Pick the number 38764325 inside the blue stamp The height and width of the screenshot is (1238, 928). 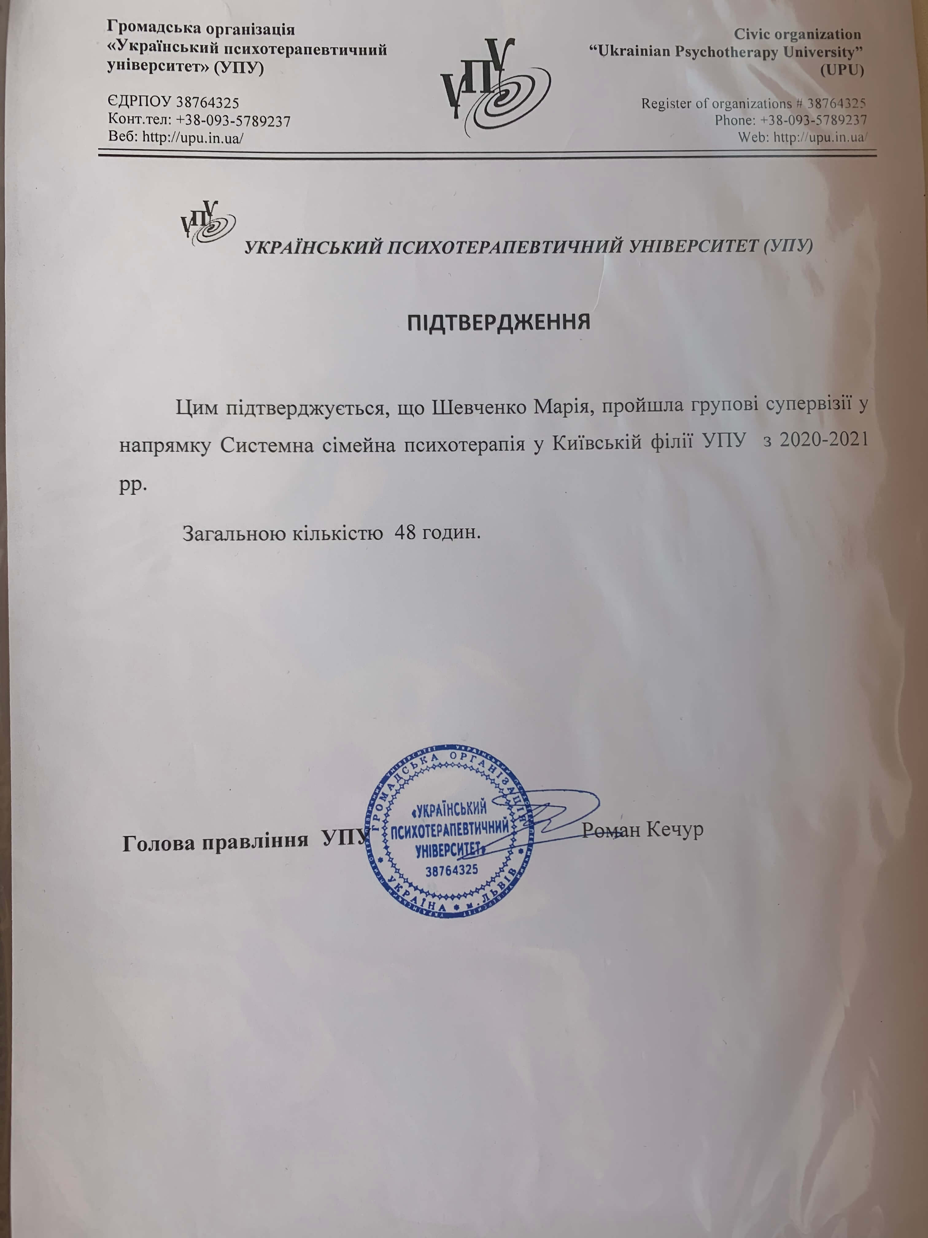pyautogui.click(x=451, y=870)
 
